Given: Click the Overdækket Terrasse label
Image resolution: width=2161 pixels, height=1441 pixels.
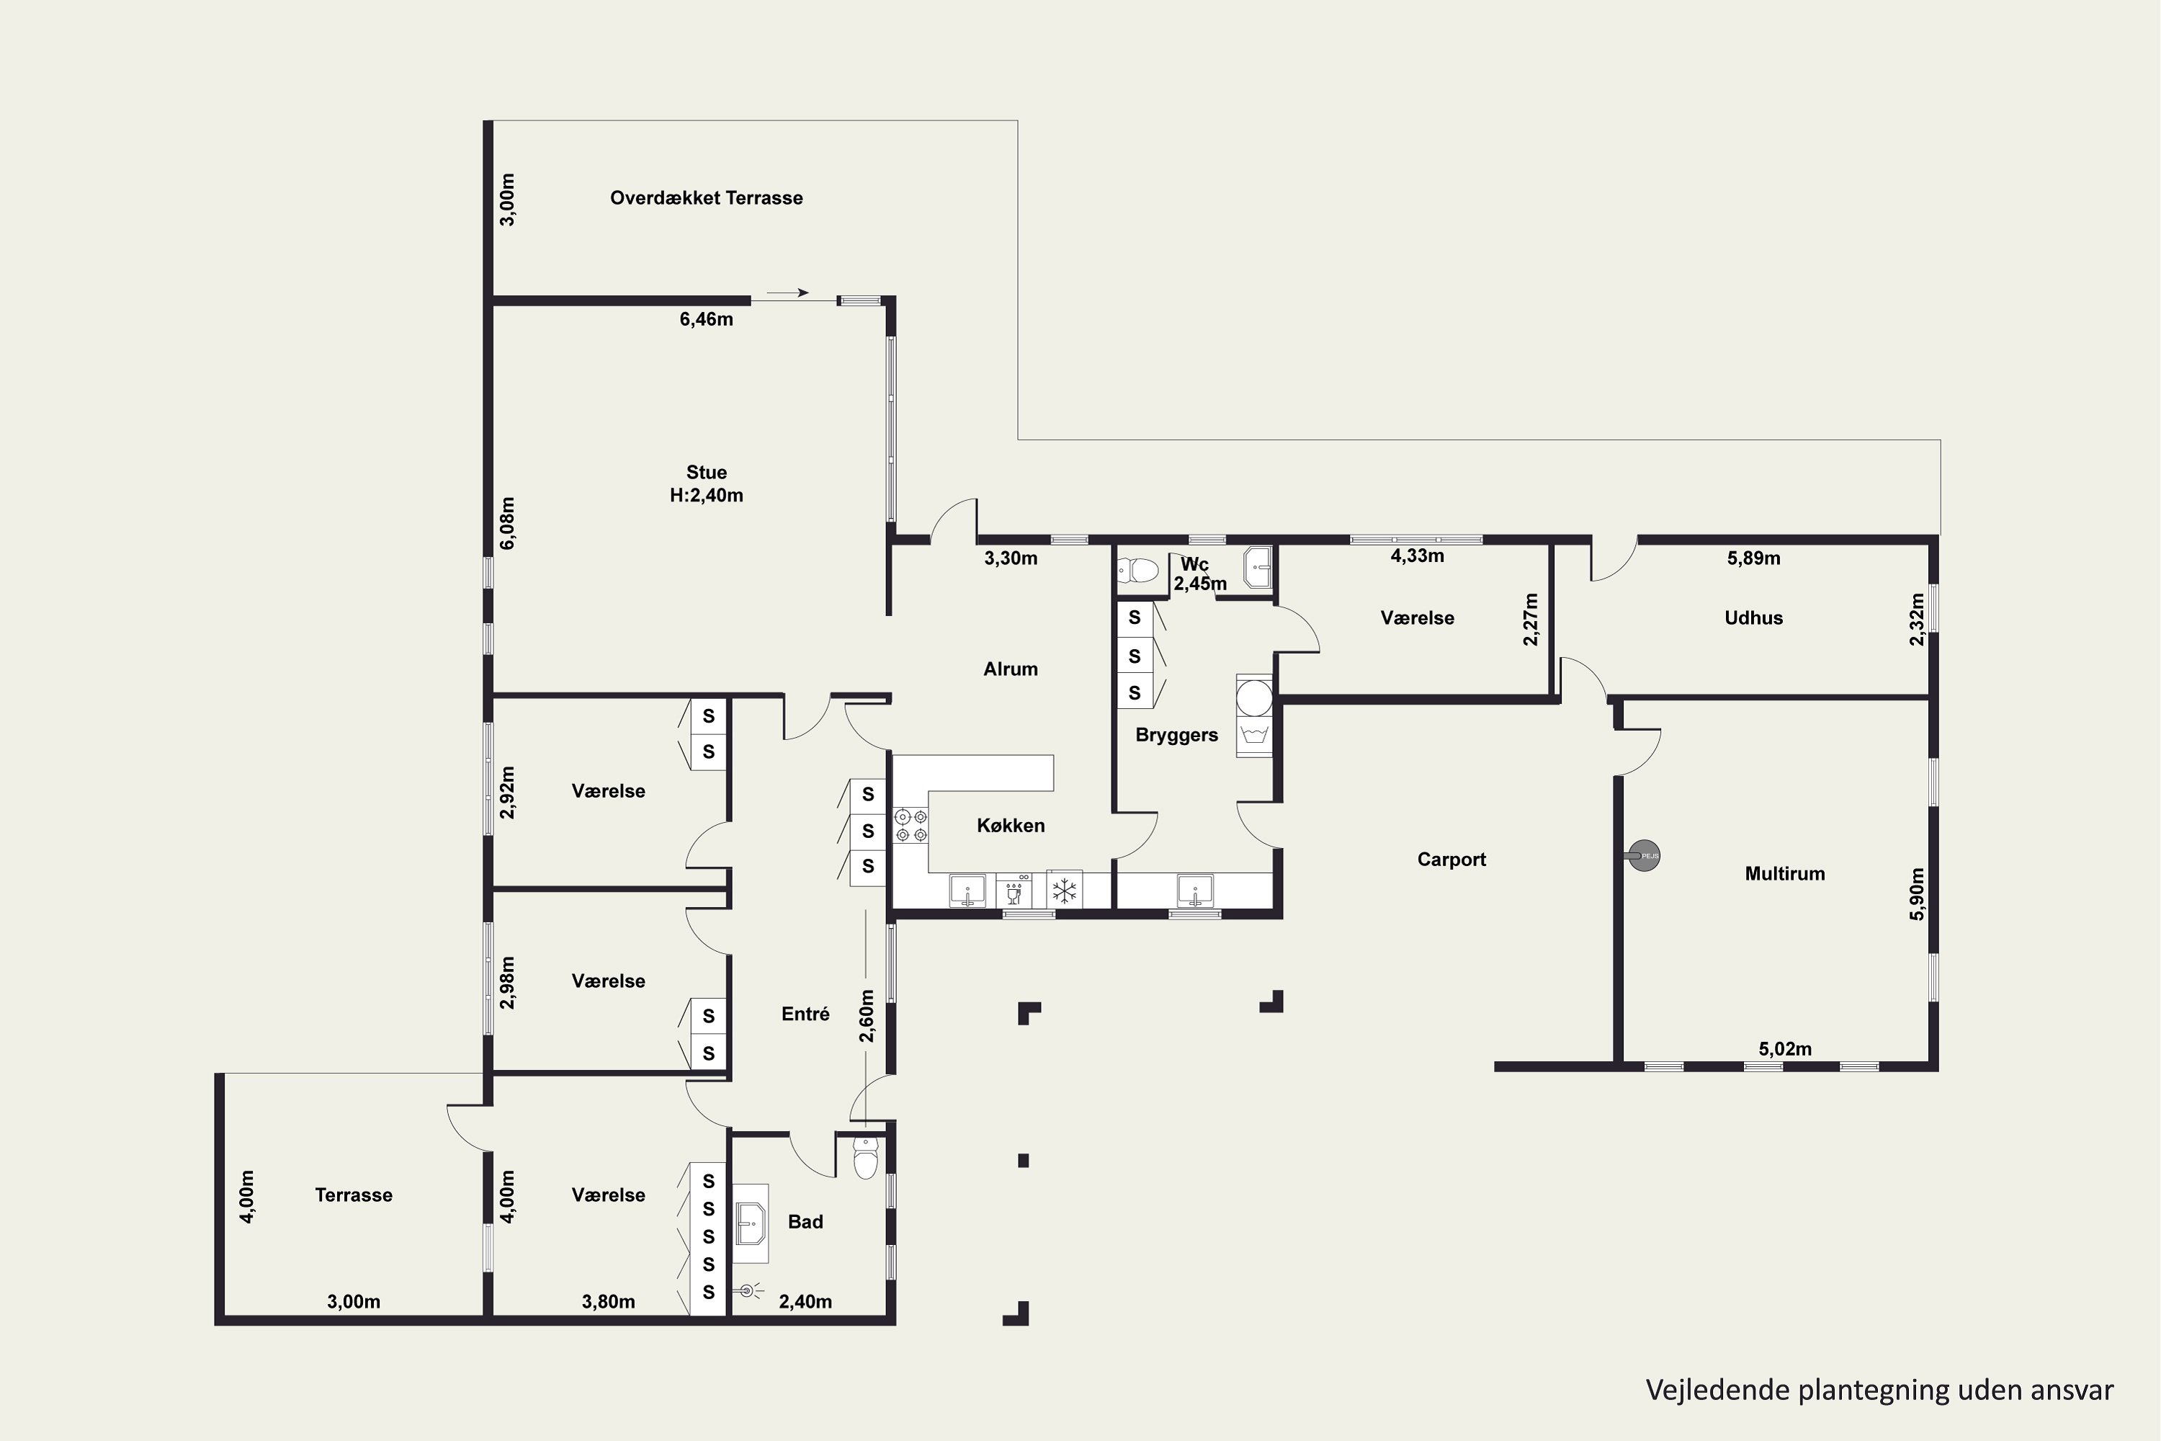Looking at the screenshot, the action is (706, 197).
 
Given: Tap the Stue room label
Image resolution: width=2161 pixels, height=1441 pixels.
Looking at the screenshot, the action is (706, 473).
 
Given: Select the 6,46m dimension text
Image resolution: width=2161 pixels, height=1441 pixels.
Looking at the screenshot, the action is (706, 320).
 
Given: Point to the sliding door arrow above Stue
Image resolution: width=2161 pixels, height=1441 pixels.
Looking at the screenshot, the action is (787, 293).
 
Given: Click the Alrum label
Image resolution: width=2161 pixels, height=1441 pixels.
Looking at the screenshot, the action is (1011, 669).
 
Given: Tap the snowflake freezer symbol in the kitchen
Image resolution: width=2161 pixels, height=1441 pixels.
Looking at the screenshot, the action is (1064, 890).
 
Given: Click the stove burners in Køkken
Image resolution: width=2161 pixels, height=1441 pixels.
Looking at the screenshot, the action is (911, 824).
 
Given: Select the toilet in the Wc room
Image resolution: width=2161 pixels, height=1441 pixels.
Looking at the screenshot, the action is (1137, 571).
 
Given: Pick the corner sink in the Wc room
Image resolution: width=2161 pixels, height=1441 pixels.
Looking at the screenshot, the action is (1257, 567).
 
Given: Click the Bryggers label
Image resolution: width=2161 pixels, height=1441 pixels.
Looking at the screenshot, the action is (1176, 735).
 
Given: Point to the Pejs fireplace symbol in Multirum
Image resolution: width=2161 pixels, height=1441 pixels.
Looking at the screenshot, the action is (1644, 856).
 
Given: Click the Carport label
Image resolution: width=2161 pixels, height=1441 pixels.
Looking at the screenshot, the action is (1451, 860).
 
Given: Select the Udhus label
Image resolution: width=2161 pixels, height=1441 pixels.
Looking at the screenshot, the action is (1753, 617).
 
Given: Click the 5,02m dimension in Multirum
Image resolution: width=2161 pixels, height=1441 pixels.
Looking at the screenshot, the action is (1784, 1048).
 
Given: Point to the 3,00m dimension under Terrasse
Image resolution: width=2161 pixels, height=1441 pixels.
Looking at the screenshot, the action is (354, 1301).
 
